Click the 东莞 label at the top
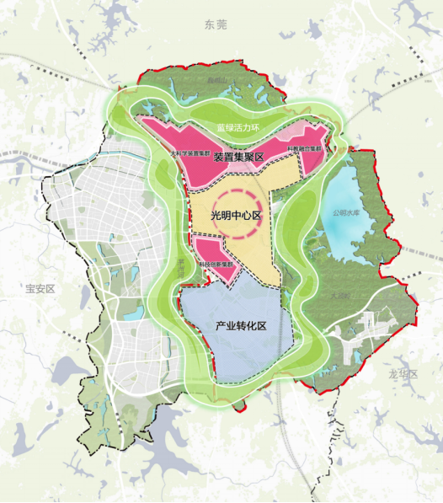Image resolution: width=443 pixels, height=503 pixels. [216, 26]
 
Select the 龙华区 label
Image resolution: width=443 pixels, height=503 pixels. [404, 374]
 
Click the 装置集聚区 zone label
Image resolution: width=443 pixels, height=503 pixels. [239, 158]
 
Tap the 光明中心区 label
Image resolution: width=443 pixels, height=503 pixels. [237, 216]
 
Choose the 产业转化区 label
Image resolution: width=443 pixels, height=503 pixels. [241, 325]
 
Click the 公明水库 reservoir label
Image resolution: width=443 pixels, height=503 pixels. [346, 212]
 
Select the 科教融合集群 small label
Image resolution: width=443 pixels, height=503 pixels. [304, 149]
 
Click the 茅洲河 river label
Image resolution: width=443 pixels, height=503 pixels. [179, 270]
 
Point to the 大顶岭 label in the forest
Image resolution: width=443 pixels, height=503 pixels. [341, 297]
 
